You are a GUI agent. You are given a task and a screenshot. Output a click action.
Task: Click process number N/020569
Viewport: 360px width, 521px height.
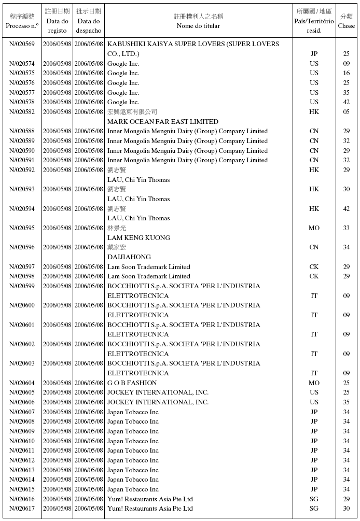pos(22,44)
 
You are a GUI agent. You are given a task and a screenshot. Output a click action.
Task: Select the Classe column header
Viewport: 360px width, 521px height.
pos(346,21)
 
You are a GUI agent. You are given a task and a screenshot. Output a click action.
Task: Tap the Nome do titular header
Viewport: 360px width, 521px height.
pos(198,21)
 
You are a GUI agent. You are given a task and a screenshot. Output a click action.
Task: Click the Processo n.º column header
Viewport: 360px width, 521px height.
pos(22,21)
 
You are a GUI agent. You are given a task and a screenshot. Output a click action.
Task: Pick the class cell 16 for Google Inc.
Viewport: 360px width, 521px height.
pos(346,73)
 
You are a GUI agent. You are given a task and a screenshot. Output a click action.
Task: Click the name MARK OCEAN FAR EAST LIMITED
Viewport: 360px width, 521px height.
pos(162,122)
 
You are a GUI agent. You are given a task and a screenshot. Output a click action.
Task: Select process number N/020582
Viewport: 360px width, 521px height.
pos(22,112)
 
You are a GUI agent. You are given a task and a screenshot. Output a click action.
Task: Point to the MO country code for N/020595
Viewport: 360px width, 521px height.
pos(314,228)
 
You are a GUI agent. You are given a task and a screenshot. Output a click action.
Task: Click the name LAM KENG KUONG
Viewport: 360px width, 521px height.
pos(139,238)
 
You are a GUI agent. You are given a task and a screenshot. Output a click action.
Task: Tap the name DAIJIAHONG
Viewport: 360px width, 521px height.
pos(129,257)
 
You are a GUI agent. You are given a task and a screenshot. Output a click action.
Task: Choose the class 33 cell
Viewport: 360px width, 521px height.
pos(346,228)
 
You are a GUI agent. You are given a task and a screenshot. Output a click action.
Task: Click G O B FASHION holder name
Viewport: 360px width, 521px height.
pos(132,383)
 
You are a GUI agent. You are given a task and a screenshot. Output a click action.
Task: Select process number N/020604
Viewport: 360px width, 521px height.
pos(22,383)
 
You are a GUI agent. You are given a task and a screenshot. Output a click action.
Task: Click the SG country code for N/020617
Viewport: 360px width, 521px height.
pos(314,509)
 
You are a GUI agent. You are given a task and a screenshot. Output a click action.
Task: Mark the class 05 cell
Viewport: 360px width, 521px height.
pos(346,112)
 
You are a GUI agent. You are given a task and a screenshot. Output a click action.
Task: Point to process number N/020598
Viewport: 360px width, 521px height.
pos(22,276)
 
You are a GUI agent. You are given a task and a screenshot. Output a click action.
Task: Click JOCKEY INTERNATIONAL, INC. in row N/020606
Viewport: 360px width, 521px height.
pos(158,402)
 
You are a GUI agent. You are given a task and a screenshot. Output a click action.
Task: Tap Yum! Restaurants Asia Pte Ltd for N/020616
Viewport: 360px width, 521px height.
pos(150,499)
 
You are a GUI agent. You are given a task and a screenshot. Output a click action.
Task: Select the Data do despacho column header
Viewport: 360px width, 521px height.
pos(88,21)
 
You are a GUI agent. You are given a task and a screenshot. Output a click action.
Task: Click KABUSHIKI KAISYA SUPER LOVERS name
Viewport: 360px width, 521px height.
pos(193,44)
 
